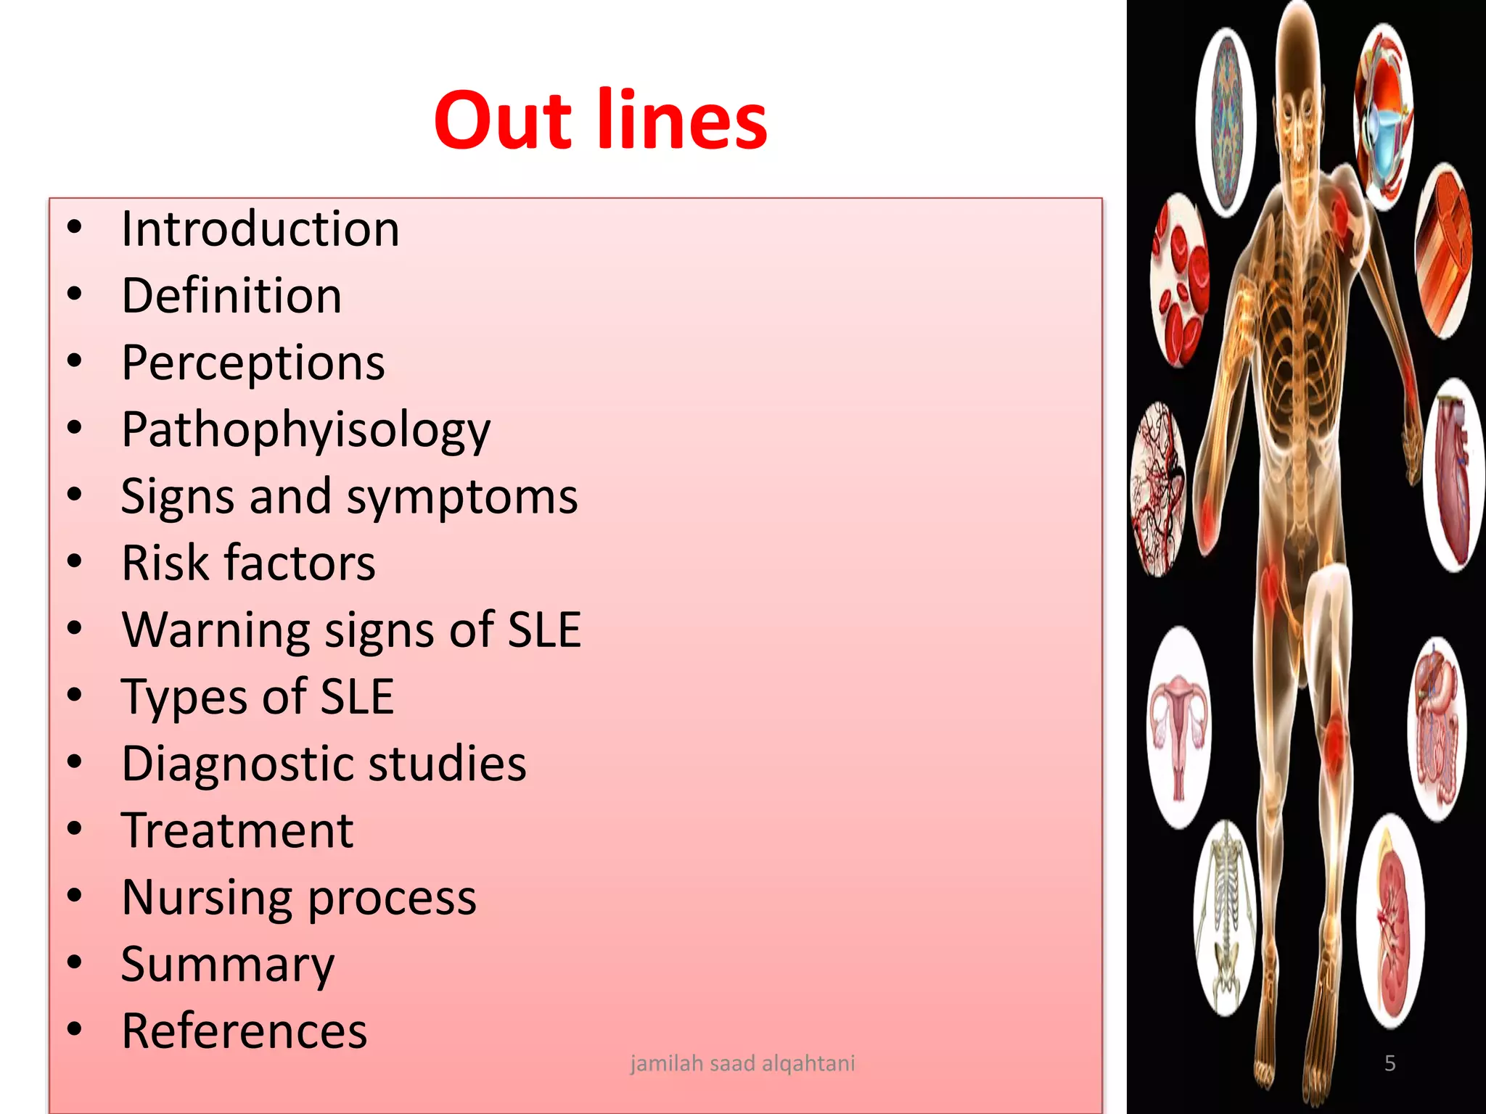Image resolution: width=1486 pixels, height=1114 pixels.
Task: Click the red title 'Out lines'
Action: pyautogui.click(x=600, y=120)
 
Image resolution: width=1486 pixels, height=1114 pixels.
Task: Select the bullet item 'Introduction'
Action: pyautogui.click(x=260, y=229)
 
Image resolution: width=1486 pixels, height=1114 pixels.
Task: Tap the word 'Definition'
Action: pyautogui.click(x=231, y=296)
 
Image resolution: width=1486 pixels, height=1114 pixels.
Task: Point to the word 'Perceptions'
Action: pyautogui.click(x=253, y=363)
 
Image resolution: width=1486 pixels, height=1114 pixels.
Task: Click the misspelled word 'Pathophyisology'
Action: pyautogui.click(x=305, y=430)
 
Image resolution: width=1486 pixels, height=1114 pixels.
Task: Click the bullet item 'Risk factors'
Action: pyautogui.click(x=248, y=563)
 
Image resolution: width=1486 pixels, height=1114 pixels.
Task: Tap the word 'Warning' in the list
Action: pyautogui.click(x=215, y=630)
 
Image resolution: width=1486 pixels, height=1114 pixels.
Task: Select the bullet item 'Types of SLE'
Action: pyautogui.click(x=258, y=697)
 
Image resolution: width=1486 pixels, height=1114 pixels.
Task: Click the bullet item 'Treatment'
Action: pyautogui.click(x=237, y=830)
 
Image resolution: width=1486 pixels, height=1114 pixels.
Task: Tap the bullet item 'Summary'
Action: pyautogui.click(x=228, y=965)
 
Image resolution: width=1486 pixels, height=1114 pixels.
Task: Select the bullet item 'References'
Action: pyautogui.click(x=244, y=1031)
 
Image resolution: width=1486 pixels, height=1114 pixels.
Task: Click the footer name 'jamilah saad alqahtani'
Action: pyautogui.click(x=742, y=1063)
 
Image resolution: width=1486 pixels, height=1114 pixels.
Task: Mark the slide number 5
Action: pyautogui.click(x=1389, y=1063)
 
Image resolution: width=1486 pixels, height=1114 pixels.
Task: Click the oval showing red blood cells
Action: pyautogui.click(x=1178, y=281)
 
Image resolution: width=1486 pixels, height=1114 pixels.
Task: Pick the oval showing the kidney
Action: pyautogui.click(x=1390, y=921)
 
